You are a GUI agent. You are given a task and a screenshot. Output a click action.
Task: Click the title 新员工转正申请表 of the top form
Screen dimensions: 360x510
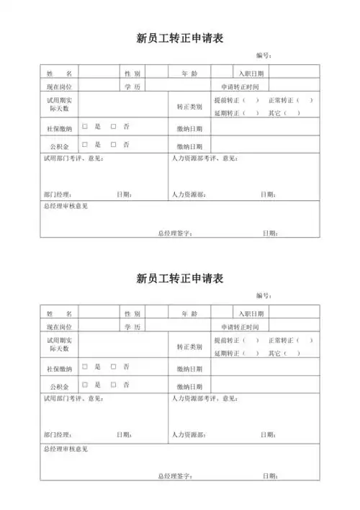coord(179,38)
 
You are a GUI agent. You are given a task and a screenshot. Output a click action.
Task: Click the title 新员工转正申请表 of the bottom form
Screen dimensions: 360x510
coord(179,279)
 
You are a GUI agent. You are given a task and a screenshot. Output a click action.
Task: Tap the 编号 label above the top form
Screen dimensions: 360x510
coord(264,55)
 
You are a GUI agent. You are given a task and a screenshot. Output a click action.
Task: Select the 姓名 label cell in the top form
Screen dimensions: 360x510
coord(59,73)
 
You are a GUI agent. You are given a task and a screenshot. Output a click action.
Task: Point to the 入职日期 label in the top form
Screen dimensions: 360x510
coord(251,73)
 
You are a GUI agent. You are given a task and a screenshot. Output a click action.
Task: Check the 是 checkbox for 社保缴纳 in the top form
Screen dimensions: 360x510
coord(85,126)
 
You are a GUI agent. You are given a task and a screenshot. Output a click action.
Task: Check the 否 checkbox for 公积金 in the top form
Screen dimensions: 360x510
coord(113,144)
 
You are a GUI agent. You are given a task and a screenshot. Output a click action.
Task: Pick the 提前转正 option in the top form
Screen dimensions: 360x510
coord(228,99)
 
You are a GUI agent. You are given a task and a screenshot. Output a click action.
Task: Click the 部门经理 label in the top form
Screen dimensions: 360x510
coord(58,194)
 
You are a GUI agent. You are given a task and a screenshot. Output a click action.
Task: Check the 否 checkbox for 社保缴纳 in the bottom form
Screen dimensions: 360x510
coord(113,367)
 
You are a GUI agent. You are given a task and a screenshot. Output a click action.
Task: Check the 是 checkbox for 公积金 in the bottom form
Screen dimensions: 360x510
coord(85,385)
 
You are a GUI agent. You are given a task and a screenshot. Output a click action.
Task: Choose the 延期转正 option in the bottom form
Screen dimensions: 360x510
coord(228,354)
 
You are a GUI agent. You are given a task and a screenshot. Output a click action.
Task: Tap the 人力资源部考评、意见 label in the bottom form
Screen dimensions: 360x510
coord(204,398)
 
